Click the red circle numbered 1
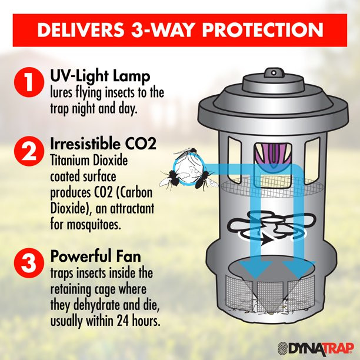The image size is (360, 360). (x=29, y=82)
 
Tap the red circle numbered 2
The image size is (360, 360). (x=29, y=151)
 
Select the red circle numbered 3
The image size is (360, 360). (x=29, y=263)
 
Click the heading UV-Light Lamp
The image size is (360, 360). (x=100, y=76)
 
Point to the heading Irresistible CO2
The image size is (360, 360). (x=103, y=144)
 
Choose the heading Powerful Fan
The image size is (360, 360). (x=95, y=256)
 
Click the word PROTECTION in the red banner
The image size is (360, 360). (x=262, y=30)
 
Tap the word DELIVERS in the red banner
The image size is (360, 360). (x=81, y=30)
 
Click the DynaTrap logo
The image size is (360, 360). (x=316, y=348)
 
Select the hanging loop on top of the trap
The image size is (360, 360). (x=274, y=73)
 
